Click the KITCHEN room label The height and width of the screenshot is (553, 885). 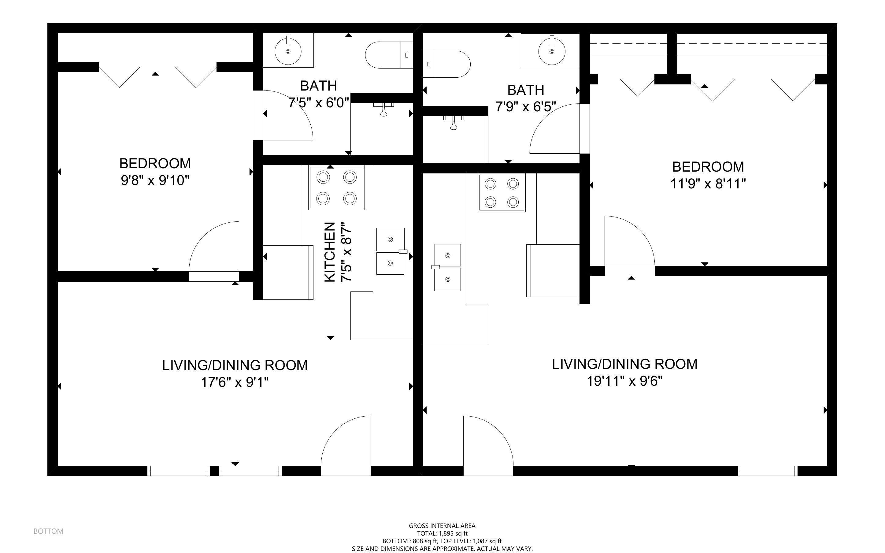tap(330, 252)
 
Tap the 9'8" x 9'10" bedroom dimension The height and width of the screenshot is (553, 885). tap(155, 181)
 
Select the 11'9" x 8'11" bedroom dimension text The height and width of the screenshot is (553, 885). tap(708, 184)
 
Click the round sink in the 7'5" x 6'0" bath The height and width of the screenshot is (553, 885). tap(288, 51)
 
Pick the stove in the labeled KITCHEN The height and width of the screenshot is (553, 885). tap(337, 187)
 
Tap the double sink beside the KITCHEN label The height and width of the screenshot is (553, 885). tap(391, 251)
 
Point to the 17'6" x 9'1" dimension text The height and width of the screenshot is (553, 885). tap(235, 383)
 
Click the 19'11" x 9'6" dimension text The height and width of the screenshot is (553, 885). tap(625, 381)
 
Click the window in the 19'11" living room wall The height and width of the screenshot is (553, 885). tap(767, 471)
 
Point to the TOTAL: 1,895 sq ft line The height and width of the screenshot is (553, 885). tap(442, 533)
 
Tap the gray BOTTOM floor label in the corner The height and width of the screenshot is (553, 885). tap(48, 531)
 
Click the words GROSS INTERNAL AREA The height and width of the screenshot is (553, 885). tap(442, 525)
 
